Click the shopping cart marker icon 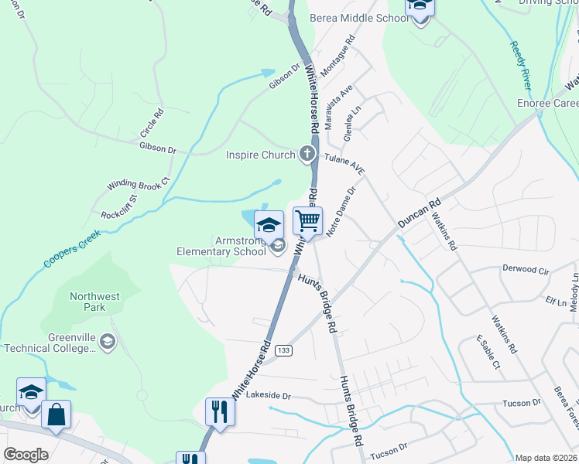[308, 221]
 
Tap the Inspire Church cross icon [307, 154]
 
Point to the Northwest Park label [94, 302]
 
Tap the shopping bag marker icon [57, 415]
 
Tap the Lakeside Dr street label [268, 395]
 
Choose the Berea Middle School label [359, 18]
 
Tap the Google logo [26, 455]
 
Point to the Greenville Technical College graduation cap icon [108, 341]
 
